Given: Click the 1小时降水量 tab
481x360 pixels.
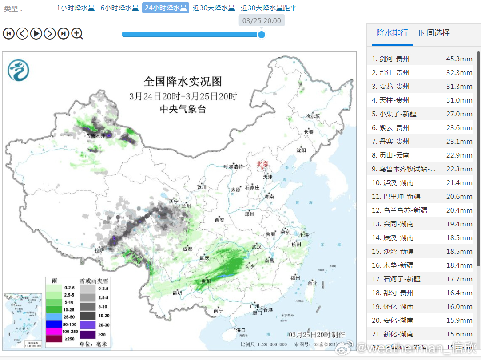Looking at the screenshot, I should (x=76, y=8).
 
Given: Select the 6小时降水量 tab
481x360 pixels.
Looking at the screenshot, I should (x=119, y=8).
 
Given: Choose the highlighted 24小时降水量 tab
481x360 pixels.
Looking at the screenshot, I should (x=166, y=8).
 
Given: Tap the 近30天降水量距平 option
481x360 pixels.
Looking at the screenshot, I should (x=269, y=8).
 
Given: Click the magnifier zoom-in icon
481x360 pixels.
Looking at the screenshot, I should (x=77, y=33).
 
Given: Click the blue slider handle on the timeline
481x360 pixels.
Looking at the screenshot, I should (x=262, y=34).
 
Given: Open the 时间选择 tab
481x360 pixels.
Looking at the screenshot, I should (x=434, y=33).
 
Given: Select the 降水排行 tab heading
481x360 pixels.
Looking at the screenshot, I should (x=392, y=33).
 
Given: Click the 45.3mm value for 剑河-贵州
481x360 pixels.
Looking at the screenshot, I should (x=459, y=59).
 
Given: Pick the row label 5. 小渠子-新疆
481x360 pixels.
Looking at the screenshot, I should (x=394, y=114).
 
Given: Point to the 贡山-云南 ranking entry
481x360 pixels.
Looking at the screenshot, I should (x=391, y=155).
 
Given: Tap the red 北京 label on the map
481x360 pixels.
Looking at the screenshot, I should (x=262, y=164).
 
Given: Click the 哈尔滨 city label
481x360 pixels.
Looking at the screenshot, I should (x=313, y=116).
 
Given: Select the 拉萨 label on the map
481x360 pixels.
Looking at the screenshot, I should (x=99, y=250).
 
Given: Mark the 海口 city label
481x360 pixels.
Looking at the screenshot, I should (x=241, y=330).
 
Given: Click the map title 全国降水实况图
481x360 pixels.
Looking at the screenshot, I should (x=183, y=81).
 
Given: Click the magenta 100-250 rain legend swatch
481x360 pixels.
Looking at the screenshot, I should (x=54, y=331).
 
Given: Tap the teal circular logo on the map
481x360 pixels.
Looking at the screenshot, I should (x=18, y=70).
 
